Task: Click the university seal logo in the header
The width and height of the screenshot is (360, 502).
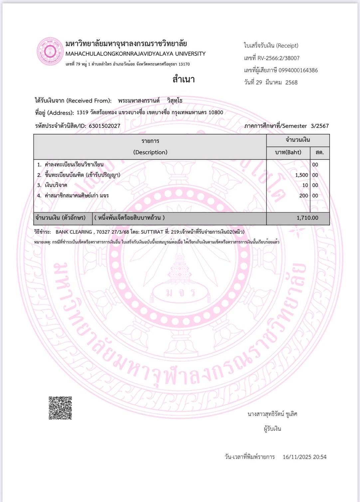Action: pos(50,51)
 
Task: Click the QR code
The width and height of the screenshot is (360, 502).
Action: pos(60,408)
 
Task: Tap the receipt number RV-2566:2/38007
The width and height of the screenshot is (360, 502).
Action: pos(278,58)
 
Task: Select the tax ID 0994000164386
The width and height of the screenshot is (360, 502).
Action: pos(298,70)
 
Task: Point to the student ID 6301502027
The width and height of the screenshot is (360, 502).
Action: pos(104,126)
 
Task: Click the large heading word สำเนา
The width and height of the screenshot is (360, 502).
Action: pos(183,79)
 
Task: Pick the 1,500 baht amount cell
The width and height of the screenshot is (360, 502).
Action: pos(301,175)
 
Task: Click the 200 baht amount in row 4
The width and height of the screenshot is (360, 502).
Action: pos(303,196)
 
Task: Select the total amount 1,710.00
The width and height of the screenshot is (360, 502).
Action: pos(307,218)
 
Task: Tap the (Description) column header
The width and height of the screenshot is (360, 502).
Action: pos(150,152)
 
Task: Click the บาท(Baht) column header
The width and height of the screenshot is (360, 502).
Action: pos(288,152)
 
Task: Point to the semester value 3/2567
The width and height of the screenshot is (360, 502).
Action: pos(319,126)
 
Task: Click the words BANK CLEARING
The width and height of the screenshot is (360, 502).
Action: pos(74,232)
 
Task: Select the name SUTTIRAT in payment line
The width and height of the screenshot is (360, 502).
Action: pos(152,232)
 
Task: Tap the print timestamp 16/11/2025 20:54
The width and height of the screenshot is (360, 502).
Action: pos(304,457)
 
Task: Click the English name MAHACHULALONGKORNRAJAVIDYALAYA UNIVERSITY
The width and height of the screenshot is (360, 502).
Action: pos(135,54)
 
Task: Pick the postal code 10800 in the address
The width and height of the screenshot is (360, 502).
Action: pos(216,113)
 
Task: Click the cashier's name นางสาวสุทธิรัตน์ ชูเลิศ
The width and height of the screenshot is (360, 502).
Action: pos(272,414)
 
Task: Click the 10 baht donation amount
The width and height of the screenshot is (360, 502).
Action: pos(305,186)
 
